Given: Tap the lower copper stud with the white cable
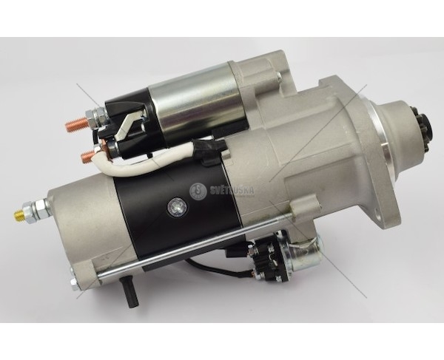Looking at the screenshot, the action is pyautogui.click(x=87, y=156).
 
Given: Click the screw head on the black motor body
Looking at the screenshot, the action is pyautogui.click(x=174, y=206).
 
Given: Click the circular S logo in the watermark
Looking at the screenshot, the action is pyautogui.click(x=198, y=190).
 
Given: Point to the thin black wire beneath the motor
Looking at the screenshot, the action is pyautogui.click(x=215, y=270).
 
